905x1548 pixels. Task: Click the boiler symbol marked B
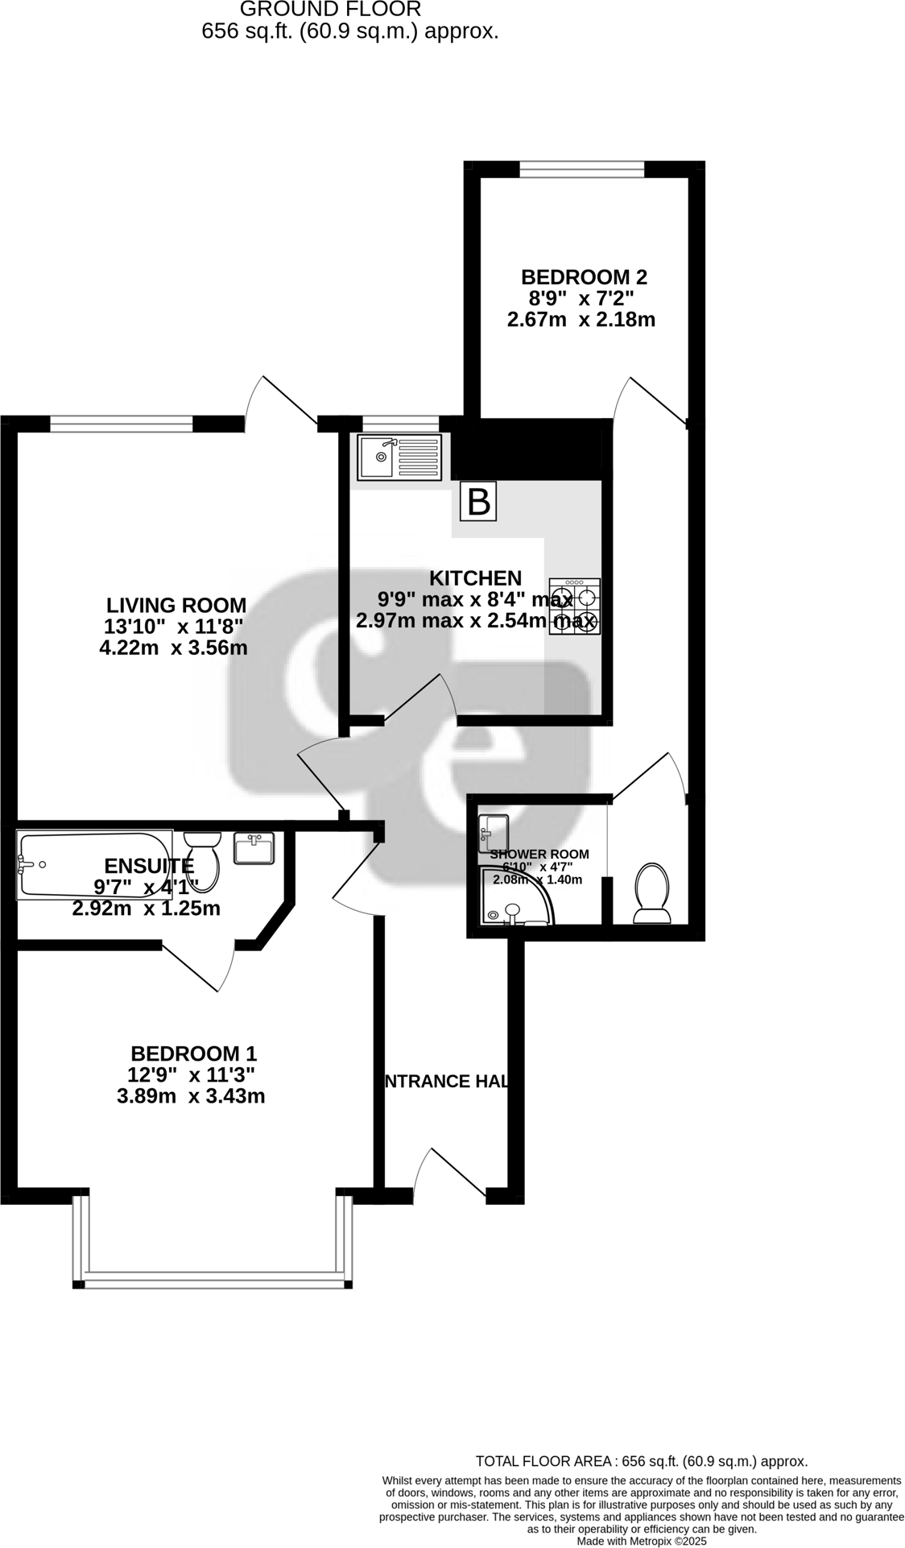pyautogui.click(x=478, y=502)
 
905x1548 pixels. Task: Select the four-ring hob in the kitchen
pyautogui.click(x=575, y=606)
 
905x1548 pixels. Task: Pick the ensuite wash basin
pyautogui.click(x=254, y=848)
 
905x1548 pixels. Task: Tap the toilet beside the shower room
pyautogui.click(x=651, y=893)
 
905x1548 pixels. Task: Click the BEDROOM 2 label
pyautogui.click(x=584, y=277)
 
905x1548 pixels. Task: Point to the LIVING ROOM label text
pyautogui.click(x=177, y=605)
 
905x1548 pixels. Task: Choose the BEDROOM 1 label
pyautogui.click(x=193, y=1053)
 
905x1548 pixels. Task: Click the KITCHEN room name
pyautogui.click(x=475, y=577)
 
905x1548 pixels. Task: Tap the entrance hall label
pyautogui.click(x=446, y=1081)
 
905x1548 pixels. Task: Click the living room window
pyautogui.click(x=121, y=423)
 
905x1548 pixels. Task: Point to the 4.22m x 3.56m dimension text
pyautogui.click(x=173, y=648)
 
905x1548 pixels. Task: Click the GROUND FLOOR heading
pyautogui.click(x=330, y=10)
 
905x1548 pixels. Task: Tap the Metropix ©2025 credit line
pyautogui.click(x=641, y=1541)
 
